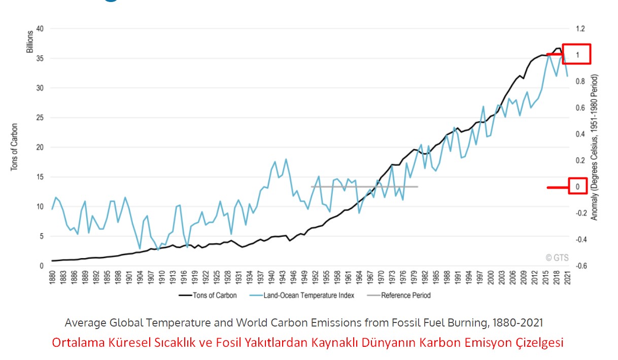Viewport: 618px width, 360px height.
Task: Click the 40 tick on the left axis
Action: (x=40, y=29)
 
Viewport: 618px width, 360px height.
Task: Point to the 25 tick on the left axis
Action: (x=40, y=118)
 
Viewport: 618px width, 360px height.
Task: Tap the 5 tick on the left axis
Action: (x=41, y=236)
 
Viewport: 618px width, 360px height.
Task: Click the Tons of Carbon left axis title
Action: (x=14, y=147)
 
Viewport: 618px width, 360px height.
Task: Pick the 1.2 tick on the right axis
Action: (x=580, y=29)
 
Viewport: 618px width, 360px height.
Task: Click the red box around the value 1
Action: (x=576, y=54)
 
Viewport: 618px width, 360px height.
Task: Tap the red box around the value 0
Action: (x=577, y=187)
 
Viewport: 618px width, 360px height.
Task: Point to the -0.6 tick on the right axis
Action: (x=581, y=266)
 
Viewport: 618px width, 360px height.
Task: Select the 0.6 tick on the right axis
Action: (x=580, y=108)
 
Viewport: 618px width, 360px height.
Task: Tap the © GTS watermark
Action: (x=557, y=258)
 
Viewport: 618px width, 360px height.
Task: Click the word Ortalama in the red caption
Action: (x=77, y=342)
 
